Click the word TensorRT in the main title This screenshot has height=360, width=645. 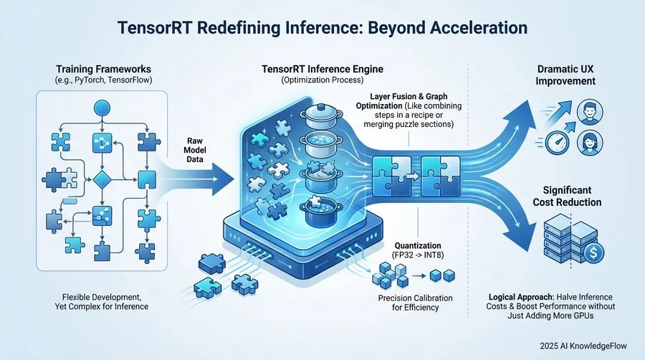click(153, 29)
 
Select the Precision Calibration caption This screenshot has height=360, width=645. click(406, 303)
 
